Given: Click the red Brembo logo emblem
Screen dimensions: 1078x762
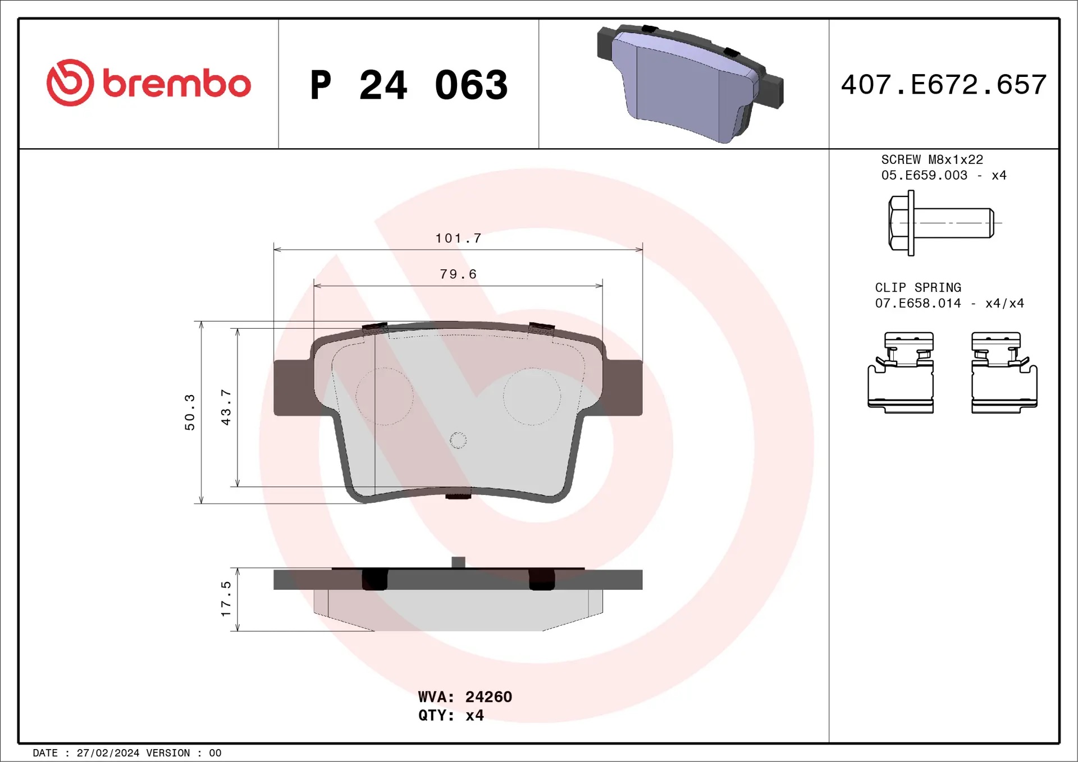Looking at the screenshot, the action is [x=70, y=82].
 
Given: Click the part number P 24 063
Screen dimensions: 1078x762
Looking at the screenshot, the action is [x=409, y=85].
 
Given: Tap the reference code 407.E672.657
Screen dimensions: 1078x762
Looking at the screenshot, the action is [x=944, y=85].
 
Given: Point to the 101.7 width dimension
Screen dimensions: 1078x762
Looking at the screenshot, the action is [x=458, y=238].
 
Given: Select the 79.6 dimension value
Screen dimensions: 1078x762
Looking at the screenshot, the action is [x=458, y=274].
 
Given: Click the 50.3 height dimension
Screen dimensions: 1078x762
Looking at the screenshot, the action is [x=190, y=412].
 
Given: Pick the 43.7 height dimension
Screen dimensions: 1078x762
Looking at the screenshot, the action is [x=226, y=407].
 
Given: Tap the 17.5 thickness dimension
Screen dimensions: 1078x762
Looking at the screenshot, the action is [x=226, y=599].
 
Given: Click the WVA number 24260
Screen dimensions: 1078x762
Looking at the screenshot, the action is [x=488, y=697].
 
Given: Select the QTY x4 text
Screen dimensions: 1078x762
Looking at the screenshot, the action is [x=451, y=715].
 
